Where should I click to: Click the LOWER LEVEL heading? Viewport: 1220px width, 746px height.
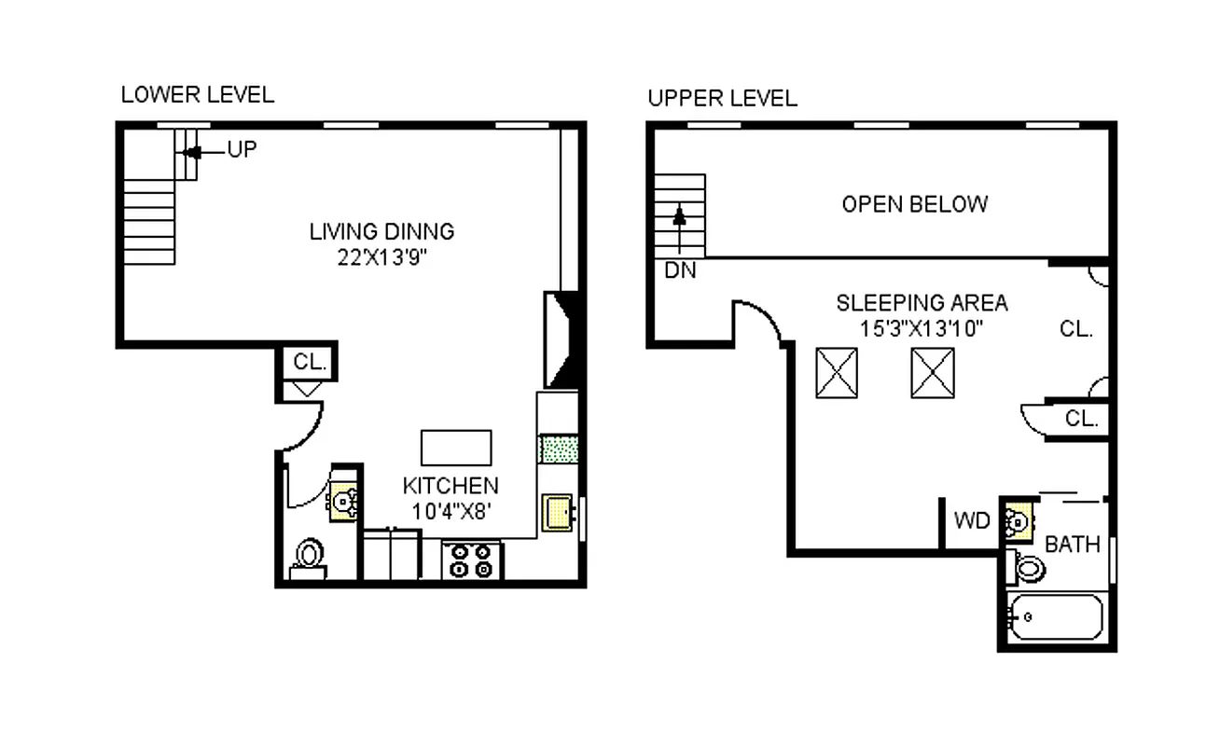(x=198, y=95)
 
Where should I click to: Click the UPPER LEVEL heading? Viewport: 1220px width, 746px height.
(x=723, y=99)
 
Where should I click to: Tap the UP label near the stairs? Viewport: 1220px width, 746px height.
(x=242, y=150)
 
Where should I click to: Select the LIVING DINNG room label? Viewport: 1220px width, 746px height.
(x=381, y=231)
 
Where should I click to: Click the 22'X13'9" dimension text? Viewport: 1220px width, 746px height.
(x=381, y=256)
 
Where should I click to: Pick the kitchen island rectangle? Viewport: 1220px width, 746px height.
(x=456, y=448)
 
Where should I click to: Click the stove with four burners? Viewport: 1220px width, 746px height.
(x=472, y=560)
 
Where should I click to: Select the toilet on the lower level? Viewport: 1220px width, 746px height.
(x=308, y=559)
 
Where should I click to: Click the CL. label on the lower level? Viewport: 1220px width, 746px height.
(x=310, y=363)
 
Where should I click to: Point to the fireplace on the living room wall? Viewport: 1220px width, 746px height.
(x=562, y=339)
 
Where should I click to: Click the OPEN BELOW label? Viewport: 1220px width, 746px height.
(x=914, y=204)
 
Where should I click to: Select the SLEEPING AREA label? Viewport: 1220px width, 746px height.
(x=921, y=303)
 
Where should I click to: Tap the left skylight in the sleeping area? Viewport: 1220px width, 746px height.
(x=837, y=373)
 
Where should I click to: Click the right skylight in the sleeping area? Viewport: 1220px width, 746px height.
(x=933, y=373)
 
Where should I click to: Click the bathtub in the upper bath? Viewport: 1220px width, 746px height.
(x=1057, y=616)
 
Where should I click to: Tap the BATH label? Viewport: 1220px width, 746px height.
(x=1073, y=545)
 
